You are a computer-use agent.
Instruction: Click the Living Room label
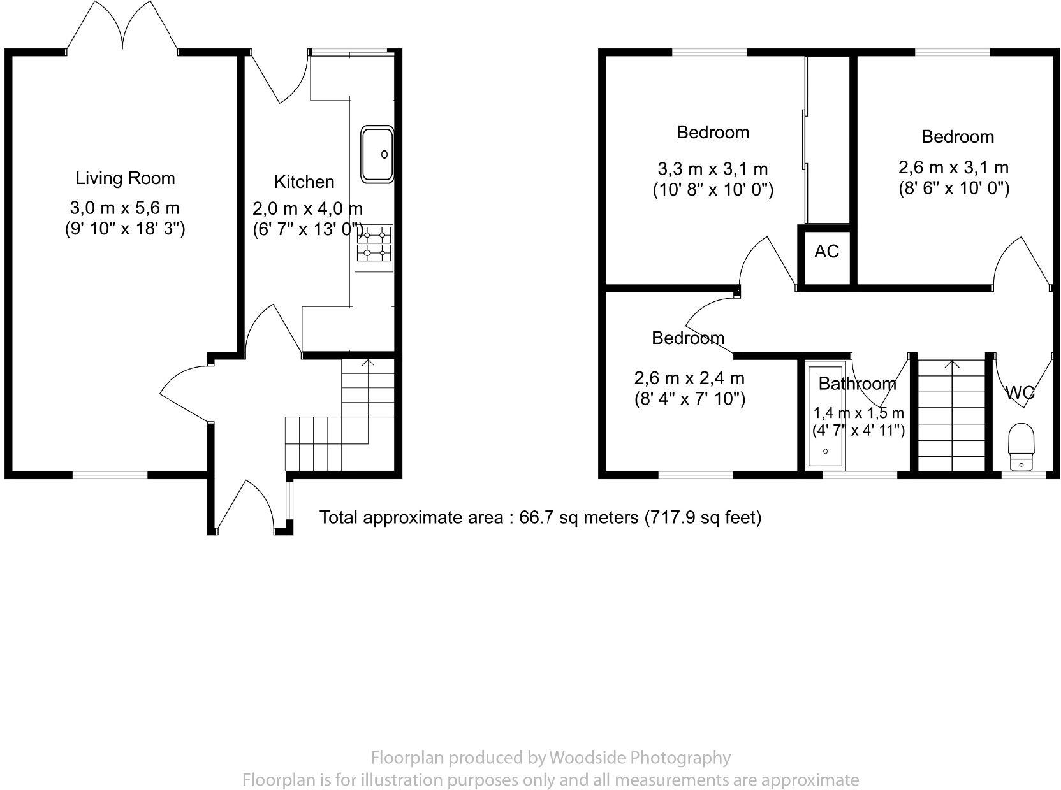(125, 178)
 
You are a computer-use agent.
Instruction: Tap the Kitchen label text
(304, 182)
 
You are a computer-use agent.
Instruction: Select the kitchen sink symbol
(377, 154)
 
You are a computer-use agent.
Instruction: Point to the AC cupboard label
(826, 252)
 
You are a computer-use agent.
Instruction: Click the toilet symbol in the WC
(1021, 447)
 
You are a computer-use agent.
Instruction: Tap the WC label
(1020, 394)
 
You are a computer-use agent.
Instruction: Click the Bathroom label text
(857, 384)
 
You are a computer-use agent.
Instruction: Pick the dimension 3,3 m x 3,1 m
(712, 169)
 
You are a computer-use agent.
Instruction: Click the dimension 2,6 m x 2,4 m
(689, 378)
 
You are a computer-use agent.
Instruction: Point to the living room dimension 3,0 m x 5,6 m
(124, 208)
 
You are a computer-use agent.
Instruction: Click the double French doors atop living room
(122, 29)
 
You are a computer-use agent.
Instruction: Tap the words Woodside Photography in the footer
(640, 758)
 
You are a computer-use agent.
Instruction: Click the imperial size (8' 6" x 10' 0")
(953, 189)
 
